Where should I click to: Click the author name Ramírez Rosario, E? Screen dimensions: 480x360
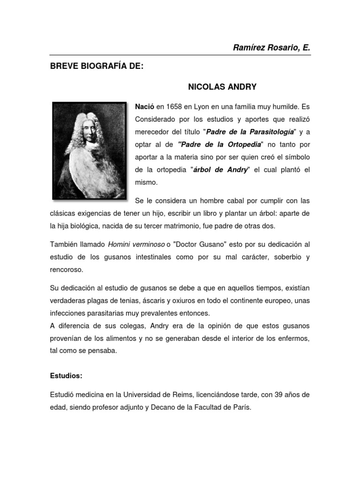tap(271, 48)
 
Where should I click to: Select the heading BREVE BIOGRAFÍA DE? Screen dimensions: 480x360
tap(97, 66)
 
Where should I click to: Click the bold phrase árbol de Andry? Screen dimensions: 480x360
tap(220, 170)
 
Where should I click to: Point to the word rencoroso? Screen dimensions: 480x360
tap(67, 270)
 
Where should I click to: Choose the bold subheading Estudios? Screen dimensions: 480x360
tap(66, 376)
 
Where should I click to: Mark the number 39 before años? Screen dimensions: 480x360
tap(279, 395)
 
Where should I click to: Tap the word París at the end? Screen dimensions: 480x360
tap(242, 407)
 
